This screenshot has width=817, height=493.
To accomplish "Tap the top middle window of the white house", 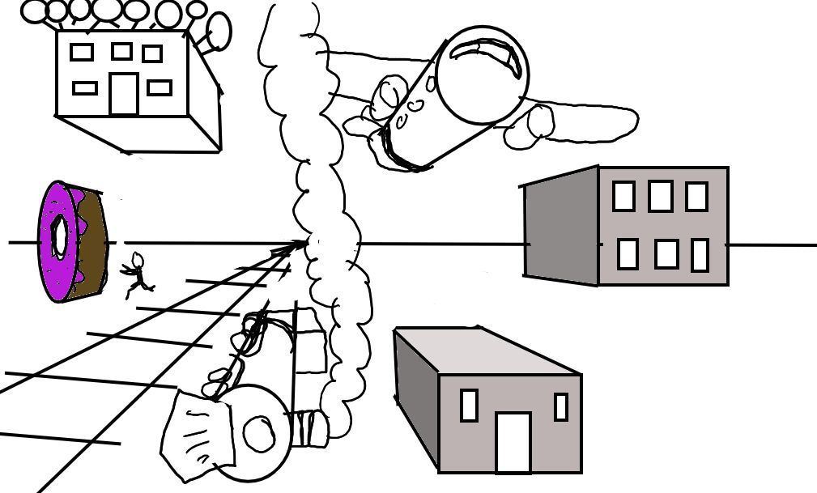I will (x=121, y=51).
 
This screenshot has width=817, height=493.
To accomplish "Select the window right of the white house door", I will (x=160, y=87).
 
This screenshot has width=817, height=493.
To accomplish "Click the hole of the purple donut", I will (x=59, y=236).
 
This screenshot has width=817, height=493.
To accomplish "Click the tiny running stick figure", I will (x=138, y=273).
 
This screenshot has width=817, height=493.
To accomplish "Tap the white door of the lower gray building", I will (x=513, y=442).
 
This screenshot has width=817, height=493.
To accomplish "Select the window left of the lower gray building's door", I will (x=469, y=405).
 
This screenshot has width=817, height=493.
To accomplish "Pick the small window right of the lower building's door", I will (x=560, y=406).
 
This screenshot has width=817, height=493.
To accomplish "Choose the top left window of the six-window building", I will (x=623, y=196).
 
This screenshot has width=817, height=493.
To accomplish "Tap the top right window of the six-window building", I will (x=696, y=197).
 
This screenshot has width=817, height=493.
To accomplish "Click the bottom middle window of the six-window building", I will (x=666, y=253).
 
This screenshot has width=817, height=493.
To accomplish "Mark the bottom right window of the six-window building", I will (x=700, y=255).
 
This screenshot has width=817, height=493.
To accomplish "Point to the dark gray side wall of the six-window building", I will (x=561, y=227).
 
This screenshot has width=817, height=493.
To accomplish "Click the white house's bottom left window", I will (x=85, y=87).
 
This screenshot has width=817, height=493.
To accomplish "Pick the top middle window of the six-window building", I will (x=660, y=196).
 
